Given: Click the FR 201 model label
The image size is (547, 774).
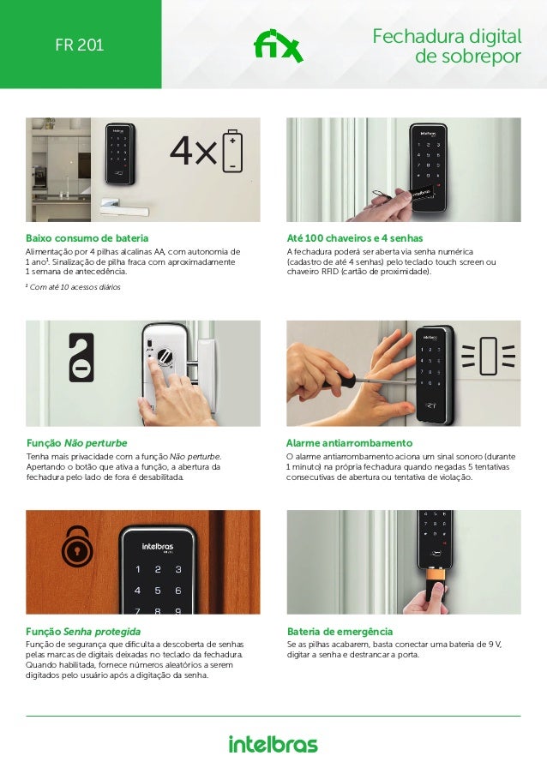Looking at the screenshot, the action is pyautogui.click(x=80, y=45).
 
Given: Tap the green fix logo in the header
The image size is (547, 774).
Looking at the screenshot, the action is pyautogui.click(x=278, y=46).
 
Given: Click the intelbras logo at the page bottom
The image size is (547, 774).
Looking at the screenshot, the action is pyautogui.click(x=273, y=744).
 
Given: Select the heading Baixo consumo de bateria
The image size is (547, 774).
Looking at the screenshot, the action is pyautogui.click(x=87, y=238).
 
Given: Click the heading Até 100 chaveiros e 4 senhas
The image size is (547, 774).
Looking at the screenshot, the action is pyautogui.click(x=354, y=238).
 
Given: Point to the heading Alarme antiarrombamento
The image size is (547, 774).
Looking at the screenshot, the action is pyautogui.click(x=349, y=443).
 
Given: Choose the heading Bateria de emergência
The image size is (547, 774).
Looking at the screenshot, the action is pyautogui.click(x=340, y=632).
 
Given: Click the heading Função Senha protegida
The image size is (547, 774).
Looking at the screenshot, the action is pyautogui.click(x=83, y=632).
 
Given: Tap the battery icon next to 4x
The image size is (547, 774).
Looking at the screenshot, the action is pyautogui.click(x=232, y=151).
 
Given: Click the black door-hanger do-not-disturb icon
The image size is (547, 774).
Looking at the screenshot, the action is pyautogui.click(x=81, y=357).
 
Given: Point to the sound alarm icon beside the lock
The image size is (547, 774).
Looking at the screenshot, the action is pyautogui.click(x=488, y=356).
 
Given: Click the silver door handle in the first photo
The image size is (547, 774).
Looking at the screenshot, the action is pyautogui.click(x=124, y=207).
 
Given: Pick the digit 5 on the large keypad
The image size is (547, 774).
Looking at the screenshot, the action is pyautogui.click(x=158, y=591).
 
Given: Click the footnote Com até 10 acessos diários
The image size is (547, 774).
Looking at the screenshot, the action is pyautogui.click(x=73, y=287).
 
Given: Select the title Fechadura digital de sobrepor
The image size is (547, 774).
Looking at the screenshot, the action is pyautogui.click(x=447, y=46).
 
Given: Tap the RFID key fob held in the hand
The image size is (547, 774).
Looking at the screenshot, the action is pyautogui.click(x=418, y=191).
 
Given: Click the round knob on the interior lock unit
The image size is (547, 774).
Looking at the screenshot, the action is pyautogui.click(x=165, y=356).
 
